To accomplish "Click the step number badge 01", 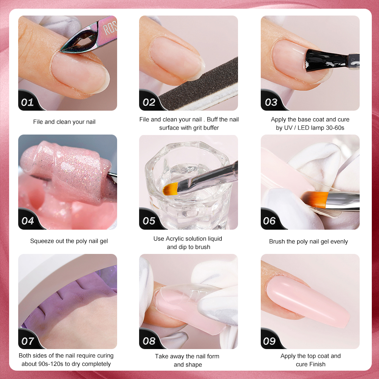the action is point(27,102).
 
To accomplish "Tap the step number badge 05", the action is point(149,221).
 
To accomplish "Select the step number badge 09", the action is point(269,341).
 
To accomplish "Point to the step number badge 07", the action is point(28,341).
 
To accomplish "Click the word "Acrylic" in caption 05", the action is point(174,239).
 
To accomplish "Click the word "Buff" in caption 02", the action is point(212,119).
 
